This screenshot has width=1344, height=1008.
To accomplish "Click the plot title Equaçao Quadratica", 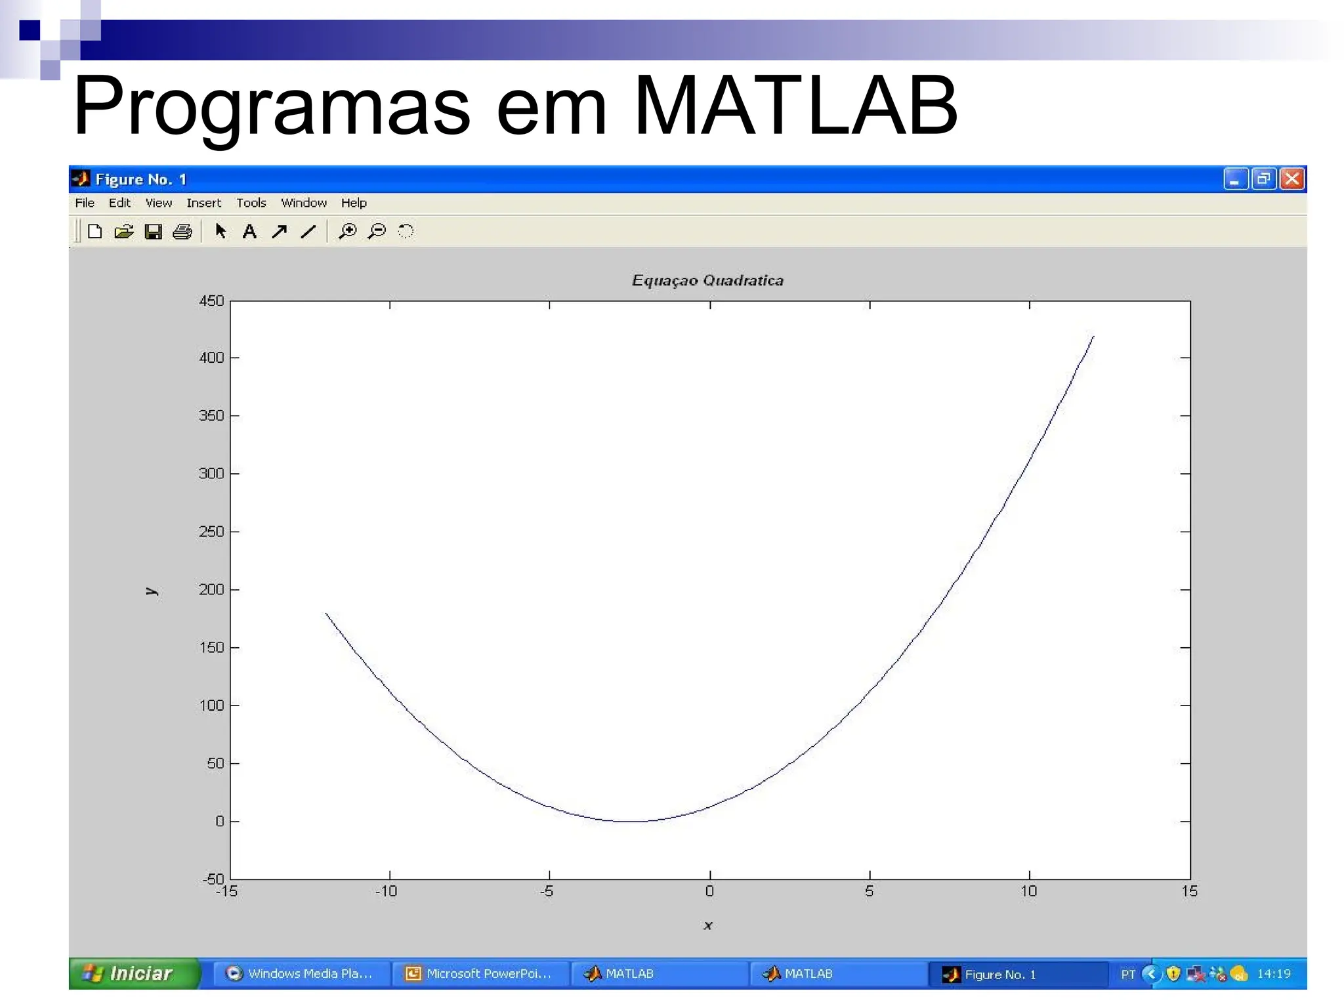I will click(x=707, y=280).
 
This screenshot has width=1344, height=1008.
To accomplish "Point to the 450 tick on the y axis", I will click(x=211, y=301).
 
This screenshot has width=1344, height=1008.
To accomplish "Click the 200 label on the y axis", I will click(x=211, y=589).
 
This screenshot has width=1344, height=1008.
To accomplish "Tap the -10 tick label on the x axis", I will click(x=386, y=891).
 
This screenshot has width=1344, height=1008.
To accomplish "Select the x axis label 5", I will click(x=869, y=891).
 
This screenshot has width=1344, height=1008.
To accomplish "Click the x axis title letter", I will click(x=708, y=925).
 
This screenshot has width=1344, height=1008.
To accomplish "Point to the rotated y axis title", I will click(x=152, y=591).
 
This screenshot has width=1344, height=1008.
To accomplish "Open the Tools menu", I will click(x=251, y=203).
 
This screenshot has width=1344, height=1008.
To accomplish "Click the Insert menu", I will click(x=203, y=203).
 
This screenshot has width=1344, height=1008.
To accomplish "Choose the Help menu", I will click(x=354, y=203).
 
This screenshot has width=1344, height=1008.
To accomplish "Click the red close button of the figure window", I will click(x=1291, y=179).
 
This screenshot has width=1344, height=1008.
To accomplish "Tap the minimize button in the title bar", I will click(x=1234, y=179).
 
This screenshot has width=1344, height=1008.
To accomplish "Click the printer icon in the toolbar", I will click(x=182, y=232).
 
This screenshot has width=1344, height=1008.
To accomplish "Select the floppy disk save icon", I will click(x=154, y=232).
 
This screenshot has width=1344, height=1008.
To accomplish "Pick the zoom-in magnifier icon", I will click(x=347, y=231).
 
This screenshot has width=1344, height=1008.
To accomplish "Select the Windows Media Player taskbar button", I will click(x=299, y=974).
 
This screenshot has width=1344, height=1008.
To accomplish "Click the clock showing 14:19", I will click(x=1274, y=974).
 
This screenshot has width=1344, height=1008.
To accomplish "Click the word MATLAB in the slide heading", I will click(x=795, y=105).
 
